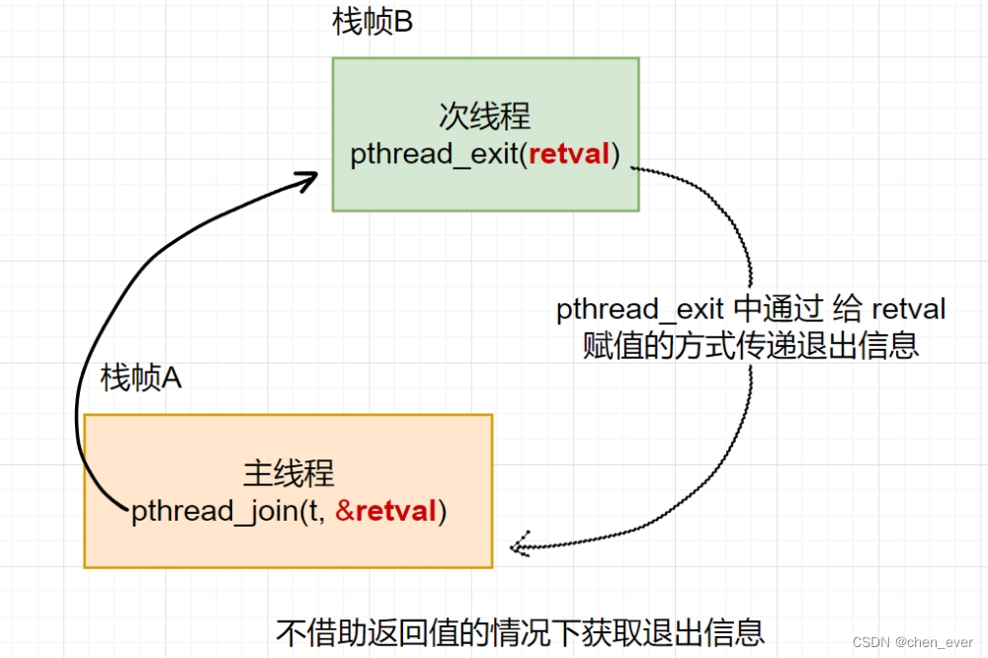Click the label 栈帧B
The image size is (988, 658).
372,23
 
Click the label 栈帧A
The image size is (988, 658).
141,377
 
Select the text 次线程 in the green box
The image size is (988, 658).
485,117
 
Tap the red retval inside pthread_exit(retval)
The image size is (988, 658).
570,155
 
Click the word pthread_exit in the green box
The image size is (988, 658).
435,155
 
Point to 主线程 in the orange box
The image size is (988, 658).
288,474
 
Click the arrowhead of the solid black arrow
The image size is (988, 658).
308,180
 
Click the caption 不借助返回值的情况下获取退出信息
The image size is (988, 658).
521,631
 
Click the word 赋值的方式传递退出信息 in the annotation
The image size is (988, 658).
751,346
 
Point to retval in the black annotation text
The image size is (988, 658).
908,310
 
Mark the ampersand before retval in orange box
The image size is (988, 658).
344,512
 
